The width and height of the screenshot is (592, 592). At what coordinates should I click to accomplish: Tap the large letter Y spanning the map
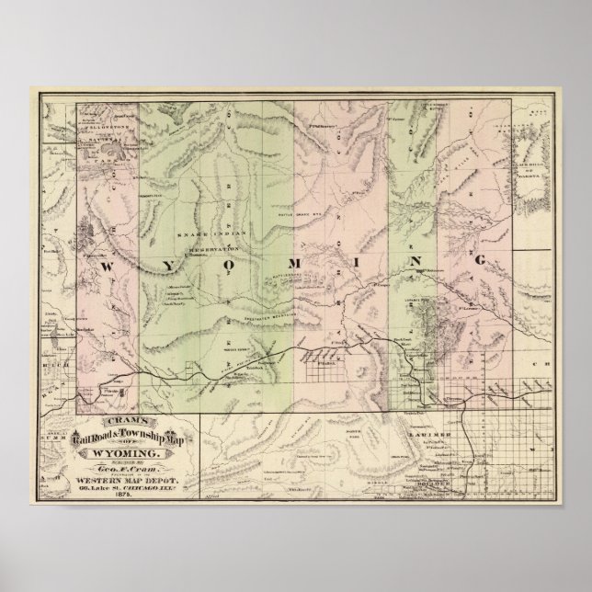point(164,265)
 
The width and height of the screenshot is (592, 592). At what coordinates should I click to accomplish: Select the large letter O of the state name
point(225,265)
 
